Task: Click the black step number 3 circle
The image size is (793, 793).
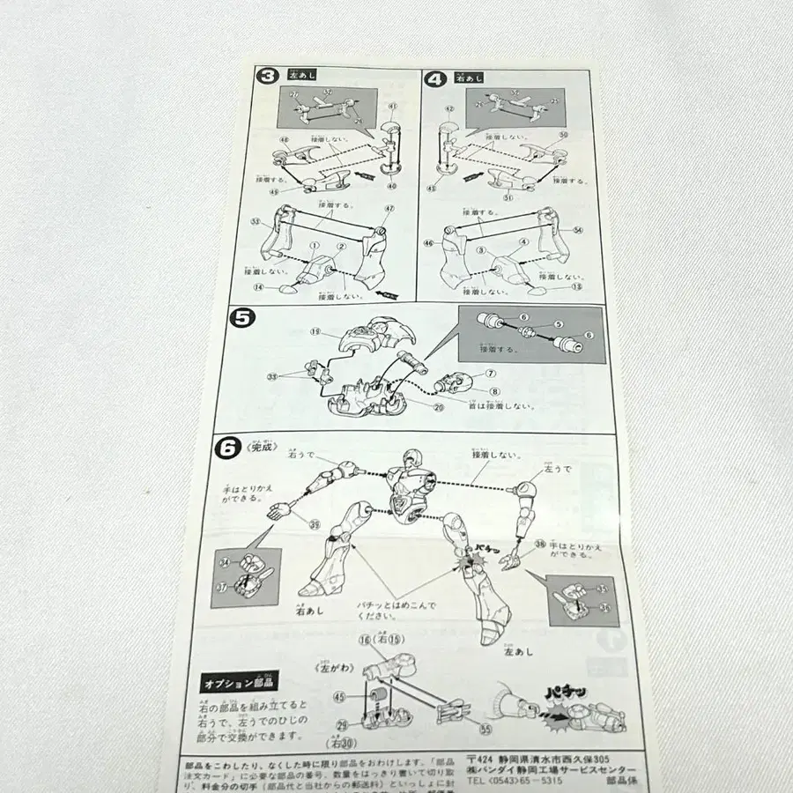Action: pyautogui.click(x=263, y=78)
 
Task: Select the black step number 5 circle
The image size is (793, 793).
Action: pyautogui.click(x=240, y=317)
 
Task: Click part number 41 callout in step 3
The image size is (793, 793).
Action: pyautogui.click(x=392, y=107)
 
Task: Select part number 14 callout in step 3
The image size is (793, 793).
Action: pyautogui.click(x=258, y=287)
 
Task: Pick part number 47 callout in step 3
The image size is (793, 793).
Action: pyautogui.click(x=389, y=208)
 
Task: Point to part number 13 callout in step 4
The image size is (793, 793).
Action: pyautogui.click(x=578, y=287)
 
